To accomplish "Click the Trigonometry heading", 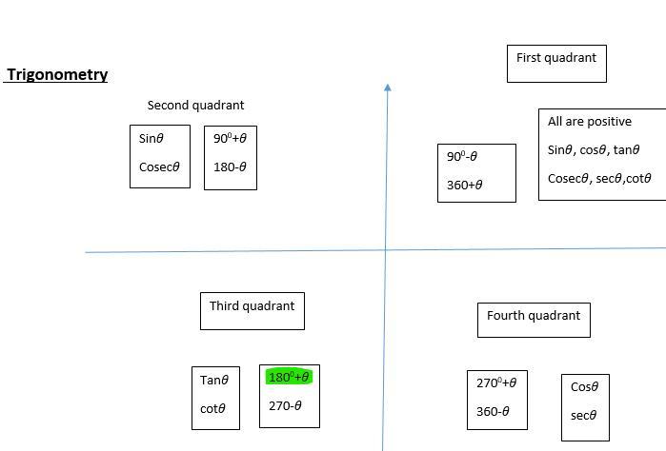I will coord(57,74).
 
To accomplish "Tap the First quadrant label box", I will coord(556,63).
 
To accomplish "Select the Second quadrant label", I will coord(195,106).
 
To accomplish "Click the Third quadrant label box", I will coord(252,310).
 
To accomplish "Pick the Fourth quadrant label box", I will coord(534,320).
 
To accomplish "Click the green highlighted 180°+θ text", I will coord(289,377).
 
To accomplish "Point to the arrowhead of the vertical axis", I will coord(387,88).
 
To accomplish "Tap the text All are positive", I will coord(589,122).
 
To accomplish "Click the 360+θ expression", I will coord(464,185).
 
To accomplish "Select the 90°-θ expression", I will coord(461,157).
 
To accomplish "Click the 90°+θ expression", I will coord(230,138).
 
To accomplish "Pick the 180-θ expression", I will coord(230,167).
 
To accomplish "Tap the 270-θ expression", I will coord(285,405).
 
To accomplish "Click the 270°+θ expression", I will coord(496,383).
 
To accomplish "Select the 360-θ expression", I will coord(493,412).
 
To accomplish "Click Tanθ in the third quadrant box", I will coord(214,381).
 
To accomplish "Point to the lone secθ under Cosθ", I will coord(583,415).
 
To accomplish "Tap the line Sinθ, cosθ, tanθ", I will coord(594,149).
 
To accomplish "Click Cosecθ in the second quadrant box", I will coord(159,167).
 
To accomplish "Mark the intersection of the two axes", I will coord(386,249).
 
